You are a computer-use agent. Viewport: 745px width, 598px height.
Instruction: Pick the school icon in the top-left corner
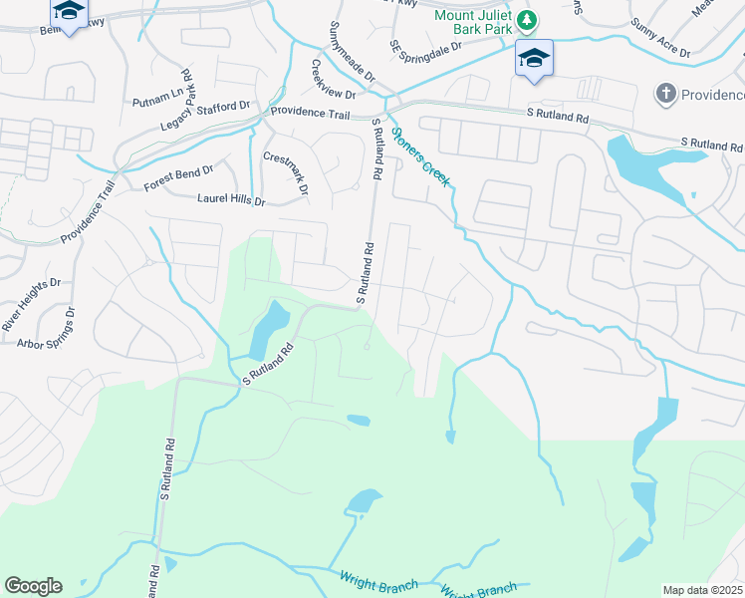pyautogui.click(x=68, y=12)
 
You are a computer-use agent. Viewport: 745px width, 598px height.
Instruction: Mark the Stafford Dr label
pyautogui.click(x=223, y=107)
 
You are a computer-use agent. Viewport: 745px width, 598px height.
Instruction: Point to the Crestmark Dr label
pyautogui.click(x=286, y=172)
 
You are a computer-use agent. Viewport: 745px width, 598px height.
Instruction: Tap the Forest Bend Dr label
pyautogui.click(x=178, y=178)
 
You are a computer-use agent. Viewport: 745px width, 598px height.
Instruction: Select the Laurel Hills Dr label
pyautogui.click(x=231, y=200)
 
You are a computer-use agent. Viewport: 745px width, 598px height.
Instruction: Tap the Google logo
pyautogui.click(x=33, y=586)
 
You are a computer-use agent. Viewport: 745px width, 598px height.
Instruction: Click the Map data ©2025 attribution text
pyautogui.click(x=701, y=590)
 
